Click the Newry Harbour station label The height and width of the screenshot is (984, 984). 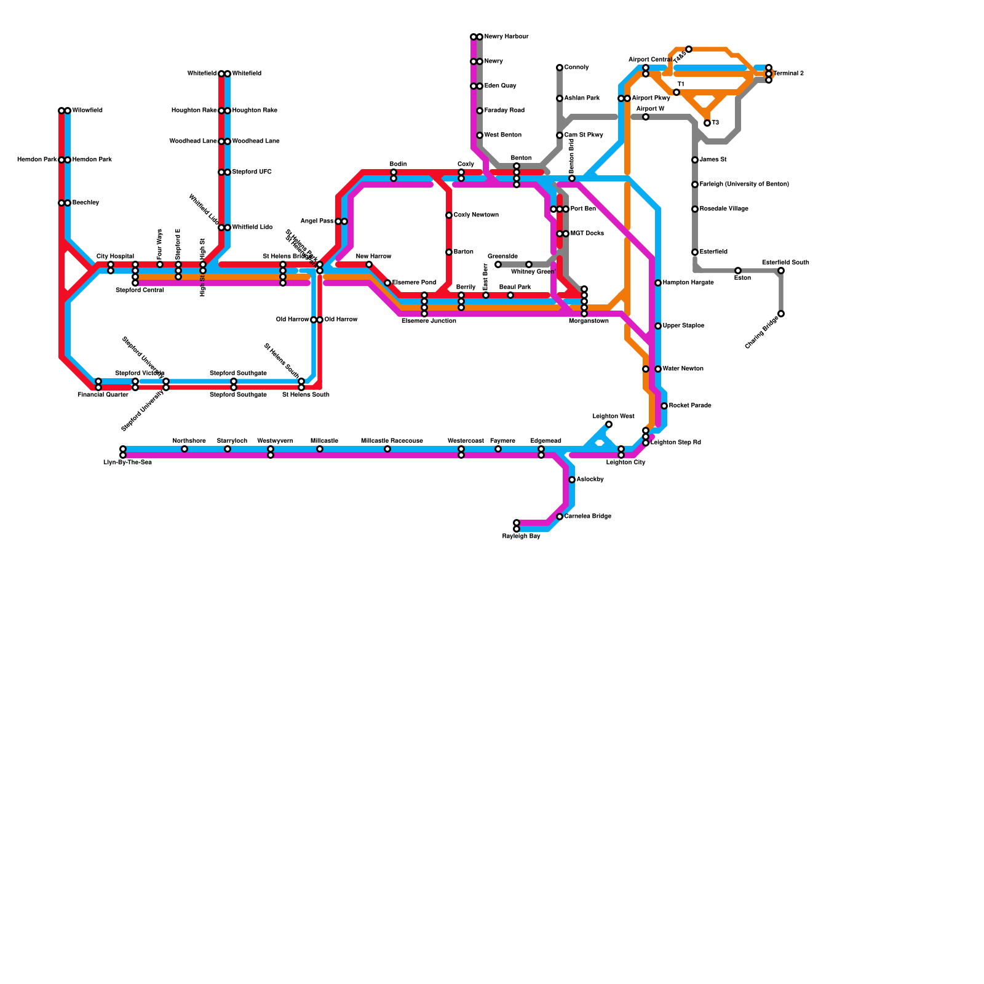tap(506, 37)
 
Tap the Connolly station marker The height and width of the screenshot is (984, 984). tap(560, 68)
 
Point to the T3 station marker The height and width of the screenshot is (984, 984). tap(707, 123)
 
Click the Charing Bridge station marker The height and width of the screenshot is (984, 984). tap(781, 314)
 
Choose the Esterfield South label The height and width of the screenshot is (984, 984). tap(785, 263)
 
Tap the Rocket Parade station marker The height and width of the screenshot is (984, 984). tap(664, 406)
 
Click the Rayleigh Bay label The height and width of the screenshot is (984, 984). tap(521, 536)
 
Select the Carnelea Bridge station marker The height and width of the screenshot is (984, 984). tap(560, 517)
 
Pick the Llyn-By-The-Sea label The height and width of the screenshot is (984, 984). tap(127, 462)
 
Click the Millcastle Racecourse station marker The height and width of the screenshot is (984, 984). tap(387, 449)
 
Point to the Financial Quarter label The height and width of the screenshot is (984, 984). tap(103, 395)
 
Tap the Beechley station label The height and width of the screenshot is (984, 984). tap(85, 203)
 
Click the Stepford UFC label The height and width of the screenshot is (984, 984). tap(252, 172)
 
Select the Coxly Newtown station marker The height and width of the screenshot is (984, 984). tap(449, 215)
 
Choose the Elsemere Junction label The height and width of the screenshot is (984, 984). tap(429, 321)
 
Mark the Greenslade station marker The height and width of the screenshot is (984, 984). tap(498, 264)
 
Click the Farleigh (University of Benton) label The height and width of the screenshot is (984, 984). tap(744, 184)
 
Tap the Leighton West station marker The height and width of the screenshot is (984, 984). tap(609, 424)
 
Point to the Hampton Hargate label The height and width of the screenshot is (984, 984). tap(688, 283)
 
